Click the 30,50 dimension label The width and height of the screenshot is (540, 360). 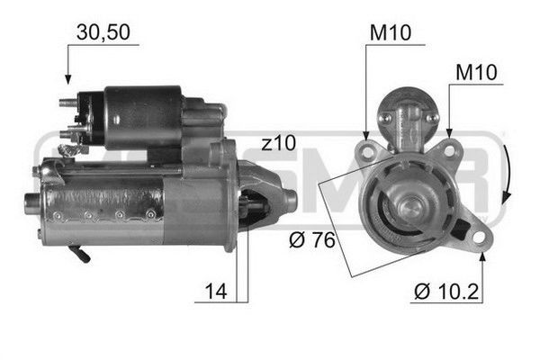coord(103,32)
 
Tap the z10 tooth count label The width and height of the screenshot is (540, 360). coord(278,142)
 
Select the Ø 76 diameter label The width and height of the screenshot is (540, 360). coord(312,239)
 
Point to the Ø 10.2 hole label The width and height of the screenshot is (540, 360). coord(446,292)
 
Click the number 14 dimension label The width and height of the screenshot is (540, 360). coord(216,292)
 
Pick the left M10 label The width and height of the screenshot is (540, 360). coord(391,32)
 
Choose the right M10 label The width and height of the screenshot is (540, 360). coord(476,72)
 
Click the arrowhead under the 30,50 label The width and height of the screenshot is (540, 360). coord(68,79)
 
